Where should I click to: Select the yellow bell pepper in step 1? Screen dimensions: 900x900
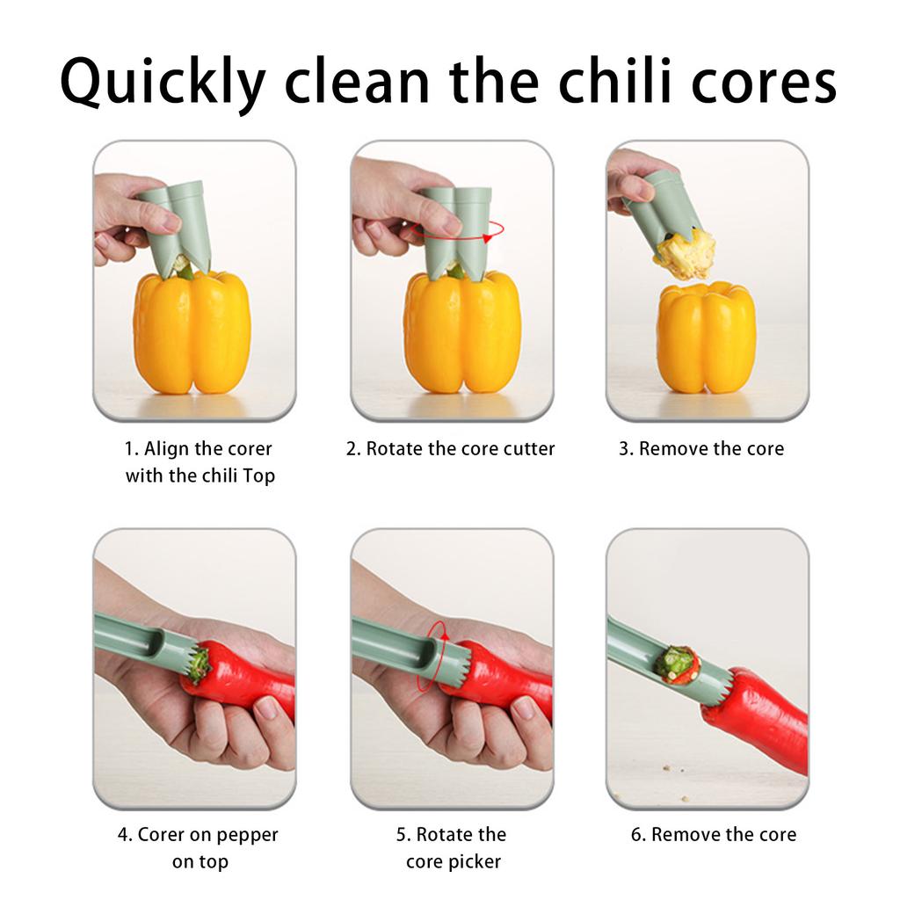(192, 334)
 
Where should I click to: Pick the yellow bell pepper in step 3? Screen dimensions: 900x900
(706, 337)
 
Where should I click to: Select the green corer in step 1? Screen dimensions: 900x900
(181, 224)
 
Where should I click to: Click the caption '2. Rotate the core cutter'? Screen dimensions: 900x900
(450, 449)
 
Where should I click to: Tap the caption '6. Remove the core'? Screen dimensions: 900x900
(713, 835)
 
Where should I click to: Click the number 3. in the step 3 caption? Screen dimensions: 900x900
(626, 449)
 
